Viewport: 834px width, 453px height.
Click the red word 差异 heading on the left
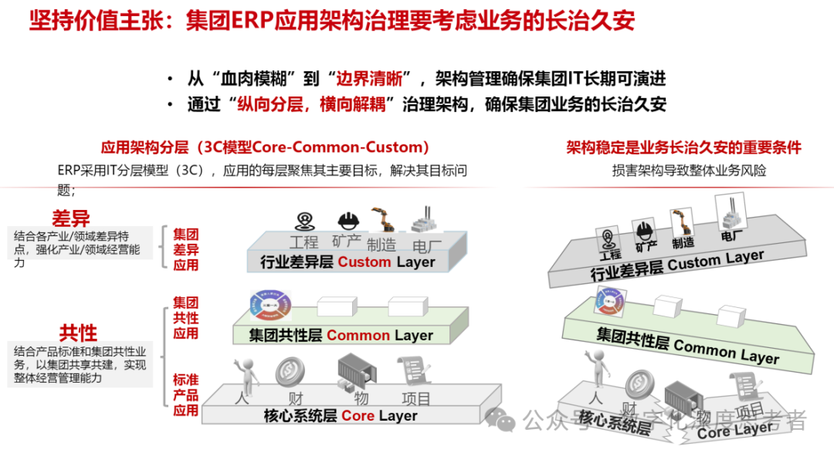[x=71, y=218]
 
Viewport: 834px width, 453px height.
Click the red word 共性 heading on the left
[x=79, y=333]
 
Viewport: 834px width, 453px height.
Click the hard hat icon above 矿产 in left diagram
[x=347, y=221]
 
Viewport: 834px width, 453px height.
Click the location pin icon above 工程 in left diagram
[x=305, y=221]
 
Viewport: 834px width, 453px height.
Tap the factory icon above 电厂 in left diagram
[x=422, y=219]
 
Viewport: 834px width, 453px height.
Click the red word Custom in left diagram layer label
[x=364, y=262]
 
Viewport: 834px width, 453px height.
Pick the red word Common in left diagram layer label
[x=358, y=336]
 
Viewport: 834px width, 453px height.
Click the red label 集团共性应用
[x=185, y=316]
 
